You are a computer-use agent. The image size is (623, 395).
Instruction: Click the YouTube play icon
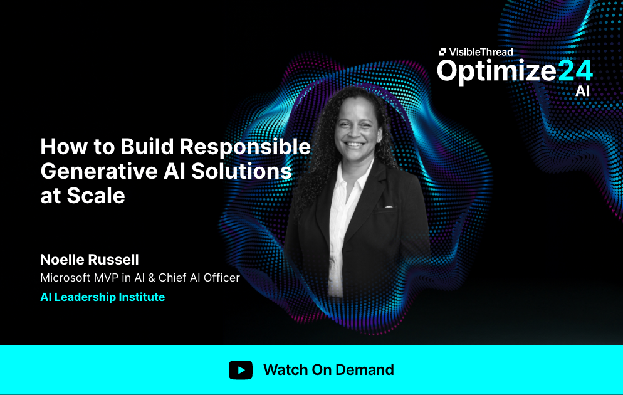241,370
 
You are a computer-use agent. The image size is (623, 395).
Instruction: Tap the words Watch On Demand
328,370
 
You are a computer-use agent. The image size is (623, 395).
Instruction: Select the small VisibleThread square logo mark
442,53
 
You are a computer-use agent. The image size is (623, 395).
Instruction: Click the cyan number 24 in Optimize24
575,71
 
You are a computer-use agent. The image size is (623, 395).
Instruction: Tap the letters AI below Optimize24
583,92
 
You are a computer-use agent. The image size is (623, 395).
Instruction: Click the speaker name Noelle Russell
89,260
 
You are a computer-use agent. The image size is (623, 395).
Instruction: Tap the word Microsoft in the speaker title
67,277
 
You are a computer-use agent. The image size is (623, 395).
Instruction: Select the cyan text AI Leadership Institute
102,297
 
